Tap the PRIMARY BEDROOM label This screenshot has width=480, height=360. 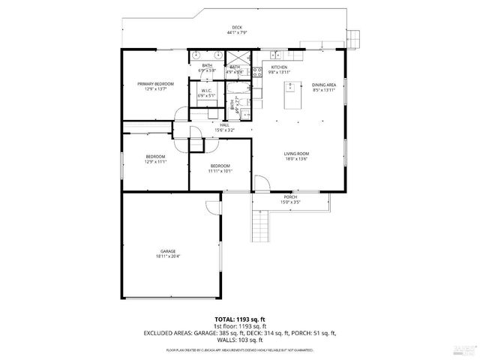tap(155, 86)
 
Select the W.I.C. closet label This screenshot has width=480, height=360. tap(206, 93)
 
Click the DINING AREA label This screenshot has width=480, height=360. tap(323, 86)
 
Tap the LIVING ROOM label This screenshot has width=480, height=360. tap(297, 156)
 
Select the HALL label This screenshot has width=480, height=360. tap(224, 127)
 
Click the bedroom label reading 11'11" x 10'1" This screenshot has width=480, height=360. tap(220, 168)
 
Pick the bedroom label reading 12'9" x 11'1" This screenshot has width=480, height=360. tap(155, 158)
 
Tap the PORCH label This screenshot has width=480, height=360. tap(290, 199)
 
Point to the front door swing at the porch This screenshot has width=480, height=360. tap(260, 184)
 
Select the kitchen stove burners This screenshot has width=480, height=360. tap(256, 73)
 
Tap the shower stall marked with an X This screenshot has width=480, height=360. tap(238, 57)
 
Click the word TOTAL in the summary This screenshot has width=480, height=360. tap(225, 319)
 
